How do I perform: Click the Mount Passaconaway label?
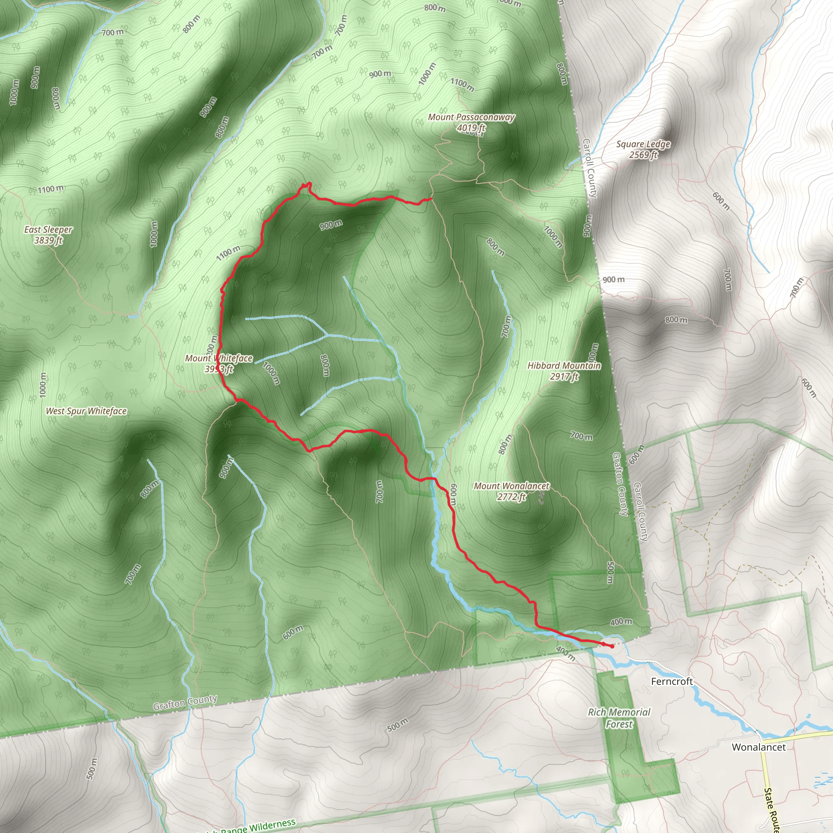(x=471, y=117)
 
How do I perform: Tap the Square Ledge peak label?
(x=643, y=144)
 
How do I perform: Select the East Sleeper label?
(x=48, y=230)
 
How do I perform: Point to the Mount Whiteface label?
(x=218, y=358)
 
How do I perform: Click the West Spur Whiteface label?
(x=86, y=411)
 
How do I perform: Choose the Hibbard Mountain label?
(x=564, y=366)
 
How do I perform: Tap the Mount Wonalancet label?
(x=511, y=486)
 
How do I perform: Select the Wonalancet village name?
(x=759, y=747)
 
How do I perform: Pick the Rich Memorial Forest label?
(x=619, y=718)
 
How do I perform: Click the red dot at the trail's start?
(x=612, y=646)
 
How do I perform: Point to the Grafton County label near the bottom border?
(x=185, y=703)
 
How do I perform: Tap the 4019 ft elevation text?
(x=471, y=128)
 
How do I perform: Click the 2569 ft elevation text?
(x=643, y=155)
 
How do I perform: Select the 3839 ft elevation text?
(x=48, y=240)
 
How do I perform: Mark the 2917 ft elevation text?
(x=564, y=376)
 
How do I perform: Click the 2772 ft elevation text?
(x=511, y=497)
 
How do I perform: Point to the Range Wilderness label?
(x=259, y=825)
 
